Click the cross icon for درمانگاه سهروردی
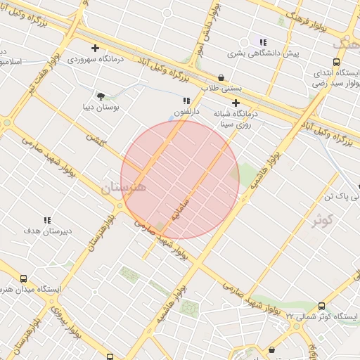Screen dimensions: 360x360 [95, 48]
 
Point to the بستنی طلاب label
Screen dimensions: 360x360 [221, 89]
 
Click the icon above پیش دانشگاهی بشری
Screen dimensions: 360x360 [263, 42]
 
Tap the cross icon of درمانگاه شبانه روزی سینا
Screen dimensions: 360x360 [236, 103]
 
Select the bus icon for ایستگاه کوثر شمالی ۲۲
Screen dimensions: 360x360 [322, 306]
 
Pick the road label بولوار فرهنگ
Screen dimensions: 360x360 [307, 20]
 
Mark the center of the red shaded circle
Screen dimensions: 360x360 [180, 180]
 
